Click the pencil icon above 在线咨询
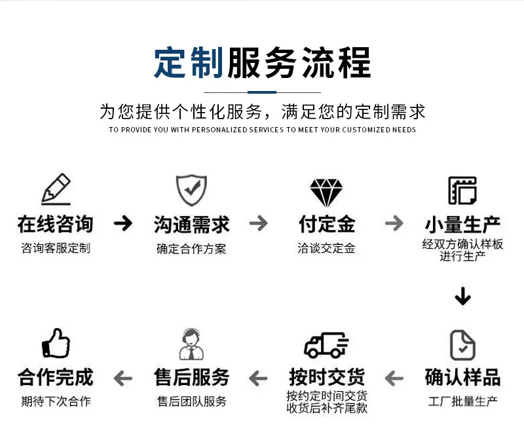click(x=56, y=189)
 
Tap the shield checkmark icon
click(x=191, y=190)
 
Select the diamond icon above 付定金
click(x=326, y=193)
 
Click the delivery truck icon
click(x=326, y=345)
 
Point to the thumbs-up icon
click(x=56, y=343)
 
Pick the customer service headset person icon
click(x=191, y=344)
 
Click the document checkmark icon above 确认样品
click(x=462, y=345)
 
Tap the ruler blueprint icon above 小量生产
click(x=462, y=191)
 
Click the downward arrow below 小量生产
click(x=463, y=296)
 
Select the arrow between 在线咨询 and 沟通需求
click(x=123, y=223)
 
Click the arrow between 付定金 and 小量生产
click(x=394, y=223)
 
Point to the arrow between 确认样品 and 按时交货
click(x=394, y=379)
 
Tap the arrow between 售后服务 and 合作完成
click(x=123, y=379)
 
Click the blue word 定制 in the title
click(x=189, y=63)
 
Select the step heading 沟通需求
click(x=191, y=224)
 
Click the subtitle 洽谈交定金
click(x=326, y=248)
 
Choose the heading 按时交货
click(x=327, y=377)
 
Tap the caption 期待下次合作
click(x=56, y=401)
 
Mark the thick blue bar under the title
click(x=262, y=92)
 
